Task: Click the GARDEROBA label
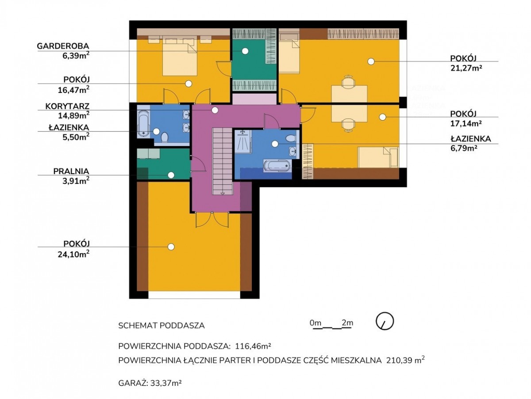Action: (x=63, y=46)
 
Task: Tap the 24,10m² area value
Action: (x=73, y=254)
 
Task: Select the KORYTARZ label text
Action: (x=67, y=106)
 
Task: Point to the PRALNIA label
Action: (x=71, y=171)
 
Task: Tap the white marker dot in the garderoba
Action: (x=245, y=51)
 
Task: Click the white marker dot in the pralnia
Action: (x=171, y=175)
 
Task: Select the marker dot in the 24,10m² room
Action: (x=171, y=247)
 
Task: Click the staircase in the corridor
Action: (x=222, y=161)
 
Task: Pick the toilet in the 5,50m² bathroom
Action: (x=165, y=137)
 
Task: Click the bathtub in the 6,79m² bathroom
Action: (x=277, y=166)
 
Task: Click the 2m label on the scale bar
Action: (x=347, y=323)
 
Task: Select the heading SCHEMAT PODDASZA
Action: (x=162, y=326)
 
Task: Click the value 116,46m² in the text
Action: (x=253, y=346)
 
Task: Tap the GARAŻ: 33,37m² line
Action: (x=150, y=383)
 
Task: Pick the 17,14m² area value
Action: (x=466, y=123)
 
